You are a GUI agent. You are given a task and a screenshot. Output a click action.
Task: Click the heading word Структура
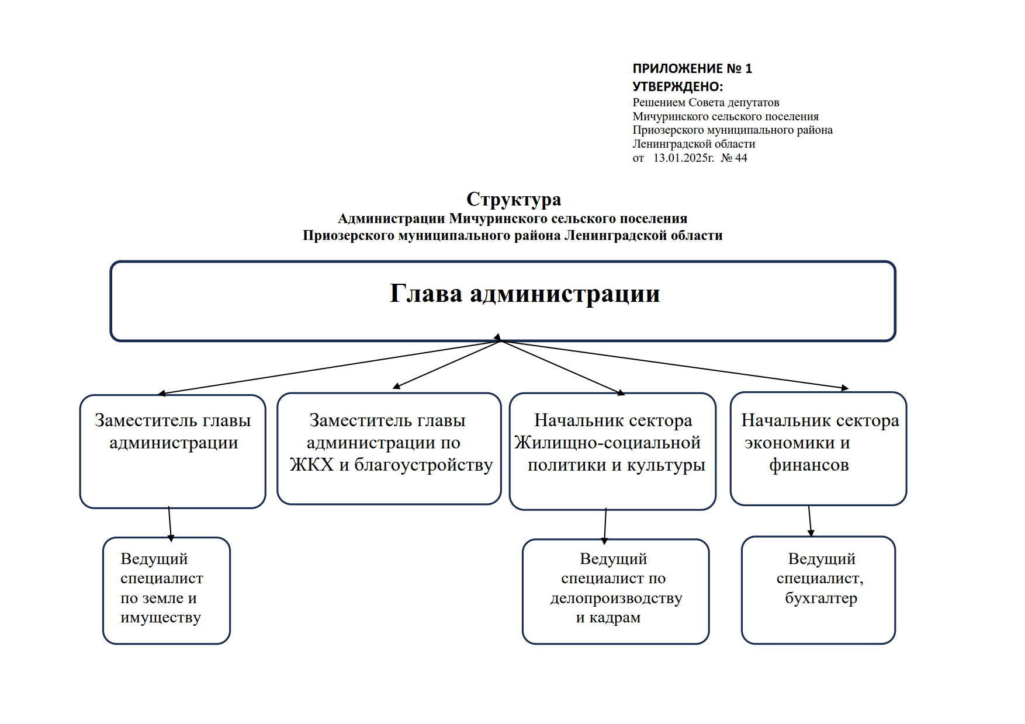(514, 200)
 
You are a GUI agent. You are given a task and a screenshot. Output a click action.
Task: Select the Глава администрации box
(503, 301)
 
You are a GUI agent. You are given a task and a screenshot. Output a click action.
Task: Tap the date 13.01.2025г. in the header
(683, 158)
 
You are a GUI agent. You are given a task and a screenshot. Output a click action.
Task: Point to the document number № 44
(734, 158)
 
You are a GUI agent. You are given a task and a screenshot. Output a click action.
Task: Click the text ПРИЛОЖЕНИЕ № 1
(692, 69)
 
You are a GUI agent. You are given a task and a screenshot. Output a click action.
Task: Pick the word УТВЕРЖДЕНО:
(677, 87)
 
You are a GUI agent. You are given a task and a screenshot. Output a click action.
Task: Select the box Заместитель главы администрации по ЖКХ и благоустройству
(389, 448)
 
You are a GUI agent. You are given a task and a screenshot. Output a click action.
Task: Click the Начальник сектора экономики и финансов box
(818, 448)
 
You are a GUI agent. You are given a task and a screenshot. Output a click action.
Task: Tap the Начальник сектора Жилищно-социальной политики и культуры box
(612, 451)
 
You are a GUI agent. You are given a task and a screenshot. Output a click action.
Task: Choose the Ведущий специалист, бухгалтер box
(818, 590)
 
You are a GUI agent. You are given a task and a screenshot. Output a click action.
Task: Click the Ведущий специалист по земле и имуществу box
(167, 590)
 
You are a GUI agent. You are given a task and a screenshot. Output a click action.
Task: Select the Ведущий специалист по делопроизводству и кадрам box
(615, 591)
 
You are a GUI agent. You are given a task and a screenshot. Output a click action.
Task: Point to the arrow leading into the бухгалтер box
(810, 520)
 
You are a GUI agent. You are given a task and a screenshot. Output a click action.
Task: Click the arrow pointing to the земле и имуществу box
(170, 523)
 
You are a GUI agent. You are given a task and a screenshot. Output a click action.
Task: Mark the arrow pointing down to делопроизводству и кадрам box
(605, 525)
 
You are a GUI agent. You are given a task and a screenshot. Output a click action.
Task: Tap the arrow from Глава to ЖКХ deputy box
(447, 364)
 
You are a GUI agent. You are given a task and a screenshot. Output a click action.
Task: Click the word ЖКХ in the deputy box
(311, 465)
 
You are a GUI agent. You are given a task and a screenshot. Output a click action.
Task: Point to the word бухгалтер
(820, 598)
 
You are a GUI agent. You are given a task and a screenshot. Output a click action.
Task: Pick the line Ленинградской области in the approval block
(694, 144)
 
